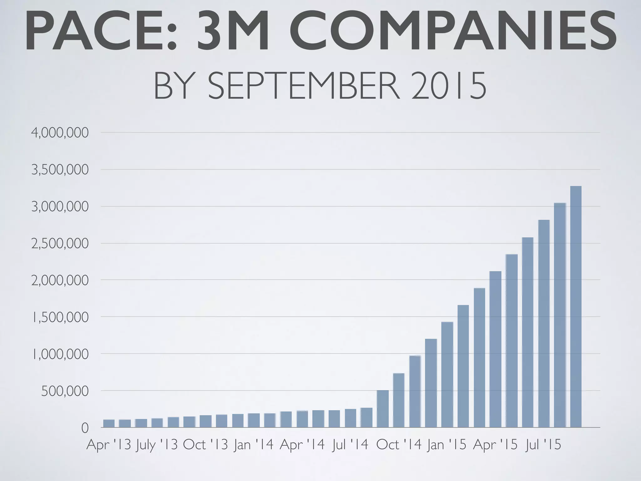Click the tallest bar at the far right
[x=576, y=307]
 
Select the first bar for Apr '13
[x=109, y=423]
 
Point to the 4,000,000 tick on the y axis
[x=60, y=133]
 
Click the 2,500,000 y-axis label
[x=60, y=244]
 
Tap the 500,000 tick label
[x=65, y=391]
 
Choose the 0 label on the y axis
[x=85, y=428]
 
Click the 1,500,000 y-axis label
[x=60, y=317]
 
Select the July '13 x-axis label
[x=156, y=445]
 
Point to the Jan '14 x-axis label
[x=254, y=445]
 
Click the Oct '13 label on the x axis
[x=205, y=445]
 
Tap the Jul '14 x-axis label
[x=350, y=445]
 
